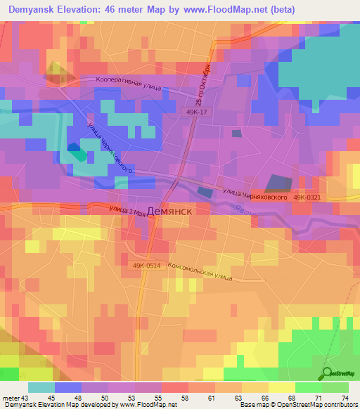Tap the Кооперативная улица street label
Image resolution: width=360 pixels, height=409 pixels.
click(x=128, y=84)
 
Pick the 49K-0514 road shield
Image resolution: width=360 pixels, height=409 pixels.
click(x=146, y=265)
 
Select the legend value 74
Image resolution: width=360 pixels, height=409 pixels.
click(x=345, y=398)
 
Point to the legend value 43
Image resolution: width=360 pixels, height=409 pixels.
click(x=27, y=398)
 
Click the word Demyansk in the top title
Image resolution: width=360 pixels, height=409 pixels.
click(x=32, y=8)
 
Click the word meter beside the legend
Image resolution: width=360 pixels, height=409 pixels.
click(x=11, y=398)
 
